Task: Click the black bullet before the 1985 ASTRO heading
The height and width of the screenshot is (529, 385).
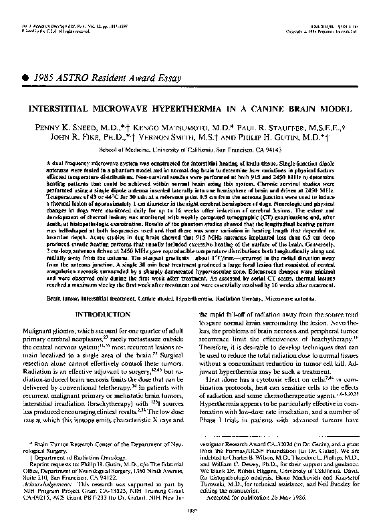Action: coord(25,78)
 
